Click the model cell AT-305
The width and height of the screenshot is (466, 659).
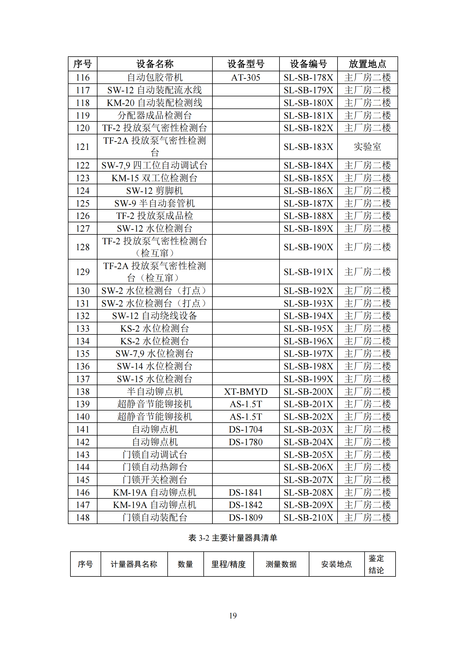point(246,77)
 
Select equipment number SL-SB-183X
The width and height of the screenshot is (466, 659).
point(308,147)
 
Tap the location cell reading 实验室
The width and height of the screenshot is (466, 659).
point(367,147)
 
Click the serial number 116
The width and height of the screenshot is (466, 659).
point(83,77)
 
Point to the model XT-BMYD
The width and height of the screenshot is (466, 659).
point(246,392)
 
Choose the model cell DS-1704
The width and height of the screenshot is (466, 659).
point(246,429)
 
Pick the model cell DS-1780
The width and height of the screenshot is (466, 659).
point(246,442)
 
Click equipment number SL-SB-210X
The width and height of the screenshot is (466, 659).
point(308,518)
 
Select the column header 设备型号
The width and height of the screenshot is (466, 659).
point(246,64)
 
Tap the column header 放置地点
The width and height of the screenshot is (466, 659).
point(367,64)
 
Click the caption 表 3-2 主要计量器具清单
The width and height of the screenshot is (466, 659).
point(233,538)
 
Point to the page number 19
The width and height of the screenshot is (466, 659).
point(233,615)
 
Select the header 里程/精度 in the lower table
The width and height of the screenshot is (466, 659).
point(228,564)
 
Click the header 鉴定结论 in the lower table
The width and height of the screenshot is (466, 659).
point(376,564)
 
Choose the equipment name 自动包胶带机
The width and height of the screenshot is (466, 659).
point(155,77)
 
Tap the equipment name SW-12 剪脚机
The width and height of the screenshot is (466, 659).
point(155,190)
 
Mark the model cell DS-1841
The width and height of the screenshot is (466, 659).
point(246,492)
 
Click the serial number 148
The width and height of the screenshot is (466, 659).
point(83,518)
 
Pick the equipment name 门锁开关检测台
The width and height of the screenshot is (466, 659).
point(155,480)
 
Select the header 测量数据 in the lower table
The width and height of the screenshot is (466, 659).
point(281,564)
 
